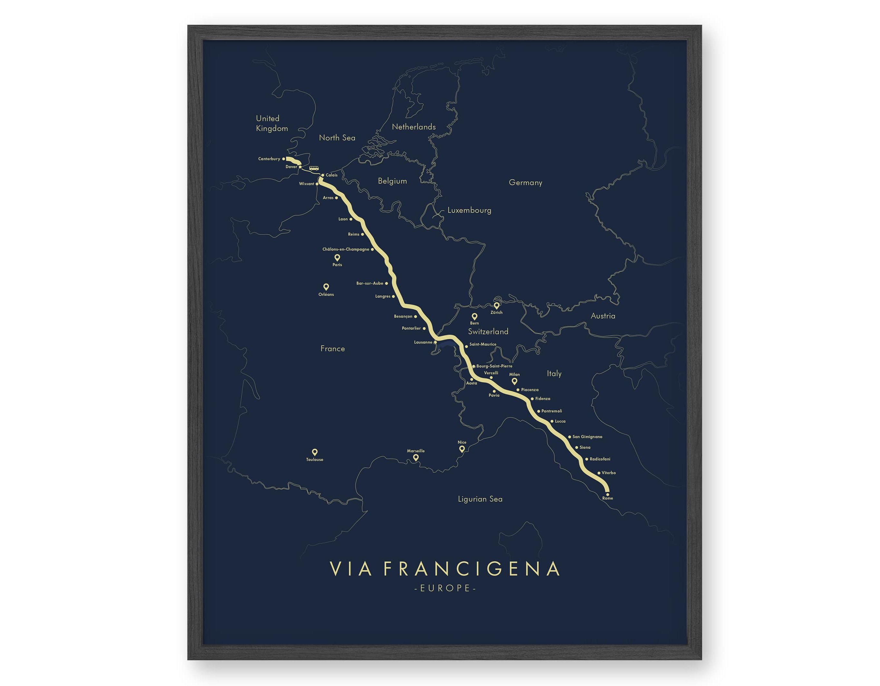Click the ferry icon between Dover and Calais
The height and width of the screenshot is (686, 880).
(x=314, y=168)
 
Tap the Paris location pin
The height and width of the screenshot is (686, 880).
(x=337, y=257)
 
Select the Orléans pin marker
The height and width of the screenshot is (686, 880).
(x=326, y=287)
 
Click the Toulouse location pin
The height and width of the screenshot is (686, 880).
(x=315, y=452)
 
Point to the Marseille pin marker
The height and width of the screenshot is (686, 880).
(x=416, y=457)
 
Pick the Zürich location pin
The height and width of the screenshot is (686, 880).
(x=497, y=305)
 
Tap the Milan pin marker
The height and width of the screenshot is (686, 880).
(x=514, y=381)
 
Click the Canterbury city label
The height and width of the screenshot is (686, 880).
(x=269, y=159)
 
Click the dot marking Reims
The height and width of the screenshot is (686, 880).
(x=362, y=234)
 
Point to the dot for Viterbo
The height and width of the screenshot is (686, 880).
(x=599, y=473)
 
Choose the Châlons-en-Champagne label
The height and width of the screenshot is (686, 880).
(x=345, y=249)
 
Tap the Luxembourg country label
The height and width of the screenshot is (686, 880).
(x=469, y=210)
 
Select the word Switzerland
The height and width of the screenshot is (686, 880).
(x=488, y=331)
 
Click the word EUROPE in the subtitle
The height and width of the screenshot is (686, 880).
(x=445, y=588)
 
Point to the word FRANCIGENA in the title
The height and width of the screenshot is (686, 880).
(x=471, y=569)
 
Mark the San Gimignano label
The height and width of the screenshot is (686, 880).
(x=587, y=437)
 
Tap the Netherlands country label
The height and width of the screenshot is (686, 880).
(x=414, y=127)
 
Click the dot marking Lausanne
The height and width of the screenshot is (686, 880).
(x=435, y=342)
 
